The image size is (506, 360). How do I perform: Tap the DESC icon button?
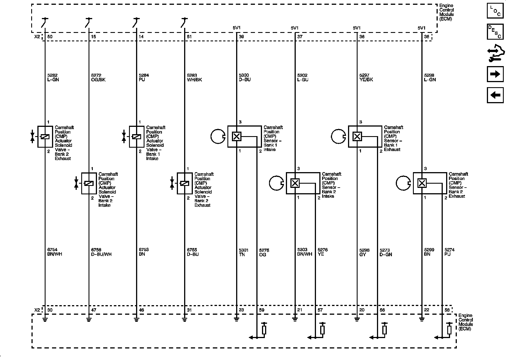(495, 32)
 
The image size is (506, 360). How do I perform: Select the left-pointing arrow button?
(495, 95)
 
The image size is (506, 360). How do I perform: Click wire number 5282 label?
(53, 75)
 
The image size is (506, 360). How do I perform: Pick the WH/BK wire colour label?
(195, 80)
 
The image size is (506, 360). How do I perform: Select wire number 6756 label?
(96, 250)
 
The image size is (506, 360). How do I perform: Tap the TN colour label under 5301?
(242, 255)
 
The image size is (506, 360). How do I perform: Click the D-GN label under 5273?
(386, 255)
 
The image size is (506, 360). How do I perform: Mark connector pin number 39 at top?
(241, 37)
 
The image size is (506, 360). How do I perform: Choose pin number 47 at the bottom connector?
(94, 310)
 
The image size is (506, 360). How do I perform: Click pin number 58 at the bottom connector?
(447, 310)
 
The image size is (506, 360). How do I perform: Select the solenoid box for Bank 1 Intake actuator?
(136, 137)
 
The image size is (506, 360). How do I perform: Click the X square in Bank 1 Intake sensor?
(236, 137)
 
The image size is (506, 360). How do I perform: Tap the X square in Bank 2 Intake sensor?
(295, 183)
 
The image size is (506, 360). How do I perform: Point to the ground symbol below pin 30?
(45, 319)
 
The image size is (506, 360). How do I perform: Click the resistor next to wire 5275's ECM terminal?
(264, 330)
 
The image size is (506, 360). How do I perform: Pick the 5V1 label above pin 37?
(294, 28)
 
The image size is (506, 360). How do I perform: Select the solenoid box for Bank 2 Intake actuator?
(89, 183)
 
